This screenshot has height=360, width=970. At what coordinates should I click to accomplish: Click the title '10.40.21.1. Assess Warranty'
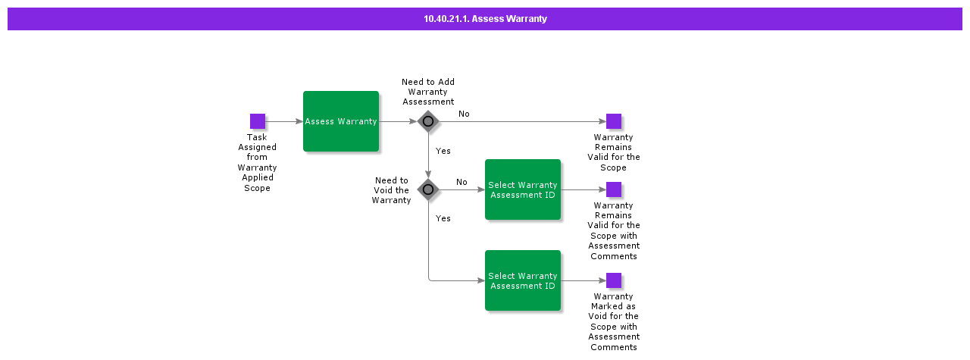(485, 19)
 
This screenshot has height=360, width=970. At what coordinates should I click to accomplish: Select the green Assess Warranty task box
(341, 121)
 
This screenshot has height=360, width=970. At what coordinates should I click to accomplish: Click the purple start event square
(258, 121)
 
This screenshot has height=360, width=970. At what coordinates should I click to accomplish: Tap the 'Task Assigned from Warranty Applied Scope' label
(258, 162)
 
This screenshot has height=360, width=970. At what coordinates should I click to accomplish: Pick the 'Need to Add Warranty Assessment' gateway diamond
(428, 121)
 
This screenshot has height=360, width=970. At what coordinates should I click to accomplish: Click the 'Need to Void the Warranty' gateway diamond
(428, 189)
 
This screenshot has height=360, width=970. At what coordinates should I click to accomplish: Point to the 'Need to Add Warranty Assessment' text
(428, 92)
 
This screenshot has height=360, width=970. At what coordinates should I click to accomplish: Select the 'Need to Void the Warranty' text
(391, 190)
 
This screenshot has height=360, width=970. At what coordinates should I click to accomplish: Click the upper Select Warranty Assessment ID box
(523, 189)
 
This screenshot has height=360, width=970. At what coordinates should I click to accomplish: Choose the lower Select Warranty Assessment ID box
(523, 280)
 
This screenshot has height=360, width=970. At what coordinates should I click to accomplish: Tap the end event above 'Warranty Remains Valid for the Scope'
(614, 121)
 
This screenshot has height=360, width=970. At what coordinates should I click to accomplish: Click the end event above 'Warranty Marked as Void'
(614, 280)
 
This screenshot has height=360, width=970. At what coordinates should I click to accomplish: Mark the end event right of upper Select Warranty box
(614, 189)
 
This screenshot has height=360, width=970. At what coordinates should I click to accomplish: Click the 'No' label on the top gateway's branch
(464, 114)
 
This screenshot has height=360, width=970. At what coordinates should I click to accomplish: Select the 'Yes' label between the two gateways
(443, 151)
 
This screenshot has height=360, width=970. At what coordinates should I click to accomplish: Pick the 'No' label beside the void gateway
(462, 182)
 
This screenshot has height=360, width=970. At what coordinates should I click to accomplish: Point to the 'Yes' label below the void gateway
(443, 218)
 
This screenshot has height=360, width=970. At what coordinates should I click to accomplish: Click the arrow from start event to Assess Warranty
(284, 121)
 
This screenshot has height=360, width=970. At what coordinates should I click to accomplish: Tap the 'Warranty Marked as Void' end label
(614, 321)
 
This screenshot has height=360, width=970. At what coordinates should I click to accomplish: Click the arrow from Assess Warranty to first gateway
(398, 121)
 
